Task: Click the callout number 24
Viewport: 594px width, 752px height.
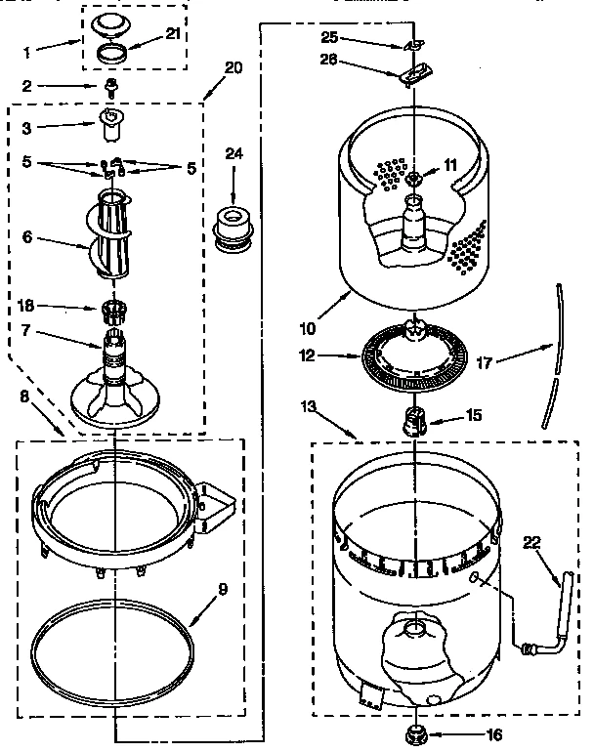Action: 233,152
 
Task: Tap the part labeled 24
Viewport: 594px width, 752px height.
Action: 233,227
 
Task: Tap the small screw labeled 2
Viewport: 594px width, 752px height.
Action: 111,88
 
